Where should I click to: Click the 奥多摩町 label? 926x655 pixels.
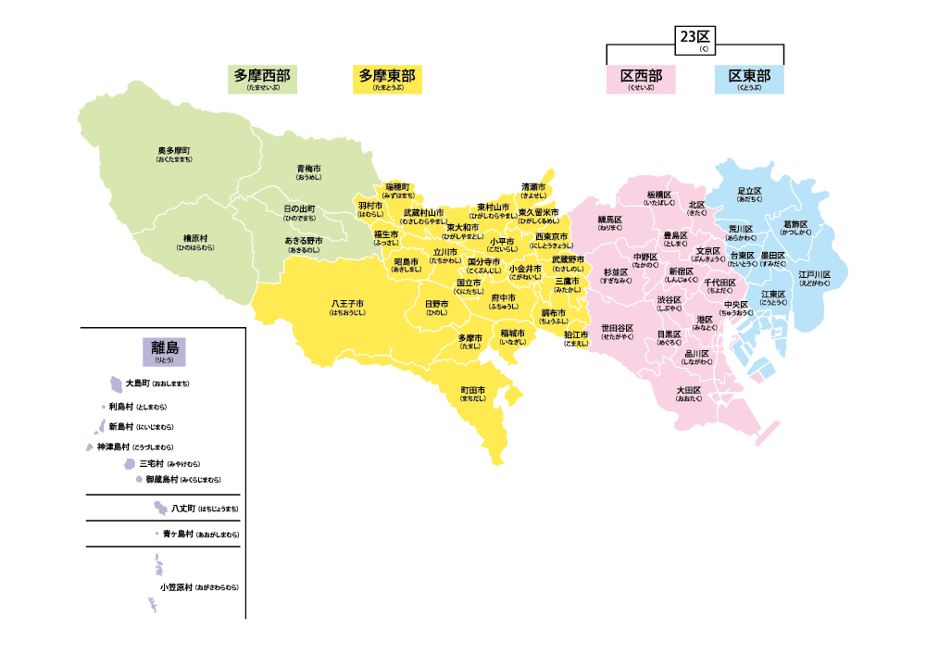click(x=174, y=151)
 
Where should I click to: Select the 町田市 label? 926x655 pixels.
click(x=473, y=391)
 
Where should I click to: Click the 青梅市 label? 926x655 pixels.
click(x=308, y=169)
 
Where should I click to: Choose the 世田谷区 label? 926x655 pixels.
click(x=618, y=328)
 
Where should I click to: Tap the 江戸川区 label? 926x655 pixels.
click(x=815, y=275)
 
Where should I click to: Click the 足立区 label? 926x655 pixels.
click(x=749, y=191)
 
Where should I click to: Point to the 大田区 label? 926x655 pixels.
click(x=689, y=391)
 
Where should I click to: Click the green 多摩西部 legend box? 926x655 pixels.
click(x=262, y=79)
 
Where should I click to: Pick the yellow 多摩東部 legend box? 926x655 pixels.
click(x=388, y=79)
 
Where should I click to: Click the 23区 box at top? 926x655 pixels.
click(x=694, y=39)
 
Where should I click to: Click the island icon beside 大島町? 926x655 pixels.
click(x=116, y=383)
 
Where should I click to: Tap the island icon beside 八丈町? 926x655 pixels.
click(x=161, y=508)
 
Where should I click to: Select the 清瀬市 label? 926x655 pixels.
click(x=532, y=187)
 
